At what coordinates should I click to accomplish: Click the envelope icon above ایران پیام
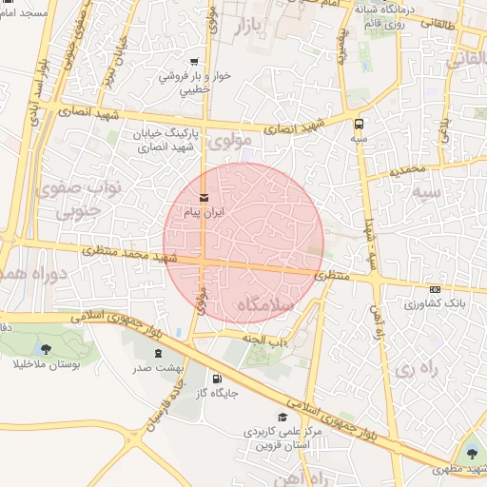pos(205,197)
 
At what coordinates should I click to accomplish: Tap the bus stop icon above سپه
pos(359,124)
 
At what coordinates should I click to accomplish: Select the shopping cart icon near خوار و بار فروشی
pos(194,59)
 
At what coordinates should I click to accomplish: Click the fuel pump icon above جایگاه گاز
pos(219,378)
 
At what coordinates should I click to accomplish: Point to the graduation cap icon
pos(282,417)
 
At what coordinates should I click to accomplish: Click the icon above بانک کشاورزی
pos(435,290)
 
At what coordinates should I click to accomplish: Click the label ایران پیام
pos(205,212)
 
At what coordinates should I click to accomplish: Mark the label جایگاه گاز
pos(218,392)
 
